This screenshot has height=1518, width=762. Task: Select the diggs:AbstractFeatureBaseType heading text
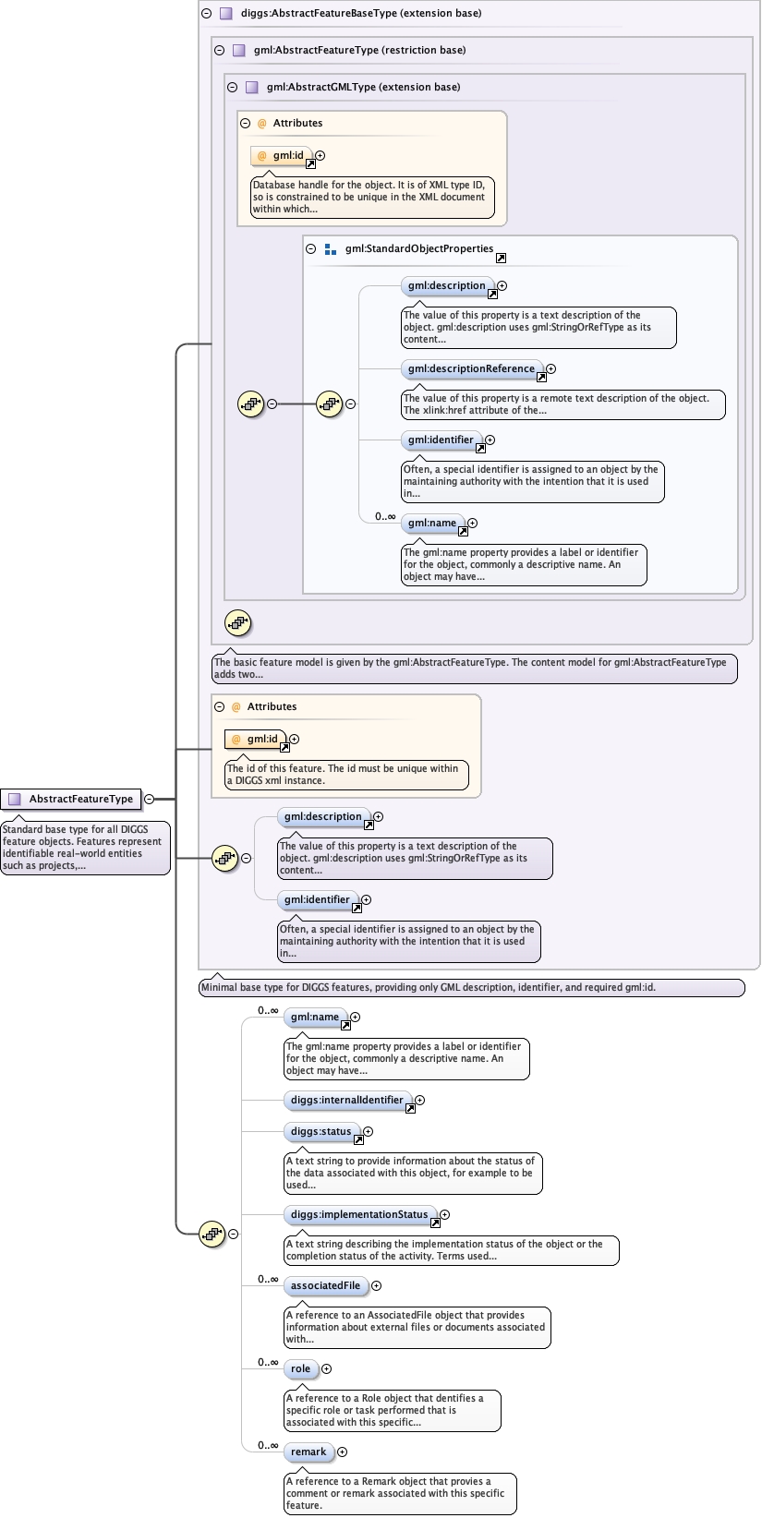(x=360, y=14)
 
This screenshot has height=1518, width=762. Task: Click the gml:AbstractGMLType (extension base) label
(x=363, y=88)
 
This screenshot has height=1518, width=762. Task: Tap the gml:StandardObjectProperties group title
(x=418, y=249)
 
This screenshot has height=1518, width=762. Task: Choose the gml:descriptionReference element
(x=471, y=369)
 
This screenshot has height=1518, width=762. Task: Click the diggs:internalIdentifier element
(x=346, y=1101)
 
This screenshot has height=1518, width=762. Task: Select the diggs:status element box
(x=321, y=1132)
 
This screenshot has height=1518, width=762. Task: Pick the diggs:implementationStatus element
(x=358, y=1215)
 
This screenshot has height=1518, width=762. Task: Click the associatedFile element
(x=325, y=1286)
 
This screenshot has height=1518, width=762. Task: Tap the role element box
(x=300, y=1369)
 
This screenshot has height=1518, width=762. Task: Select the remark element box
(x=308, y=1452)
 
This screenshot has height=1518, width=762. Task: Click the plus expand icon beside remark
(x=342, y=1452)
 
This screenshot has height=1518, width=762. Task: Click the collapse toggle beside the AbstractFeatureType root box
(x=149, y=800)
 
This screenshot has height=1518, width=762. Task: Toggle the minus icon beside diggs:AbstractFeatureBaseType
(x=206, y=14)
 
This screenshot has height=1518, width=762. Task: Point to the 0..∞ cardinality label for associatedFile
(x=268, y=1280)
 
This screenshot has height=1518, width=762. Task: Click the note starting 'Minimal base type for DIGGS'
(x=471, y=988)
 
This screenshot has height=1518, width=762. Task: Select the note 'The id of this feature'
(x=346, y=775)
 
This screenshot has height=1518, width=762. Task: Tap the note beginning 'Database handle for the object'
(x=371, y=198)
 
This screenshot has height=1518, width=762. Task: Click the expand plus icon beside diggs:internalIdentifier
(x=419, y=1101)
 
